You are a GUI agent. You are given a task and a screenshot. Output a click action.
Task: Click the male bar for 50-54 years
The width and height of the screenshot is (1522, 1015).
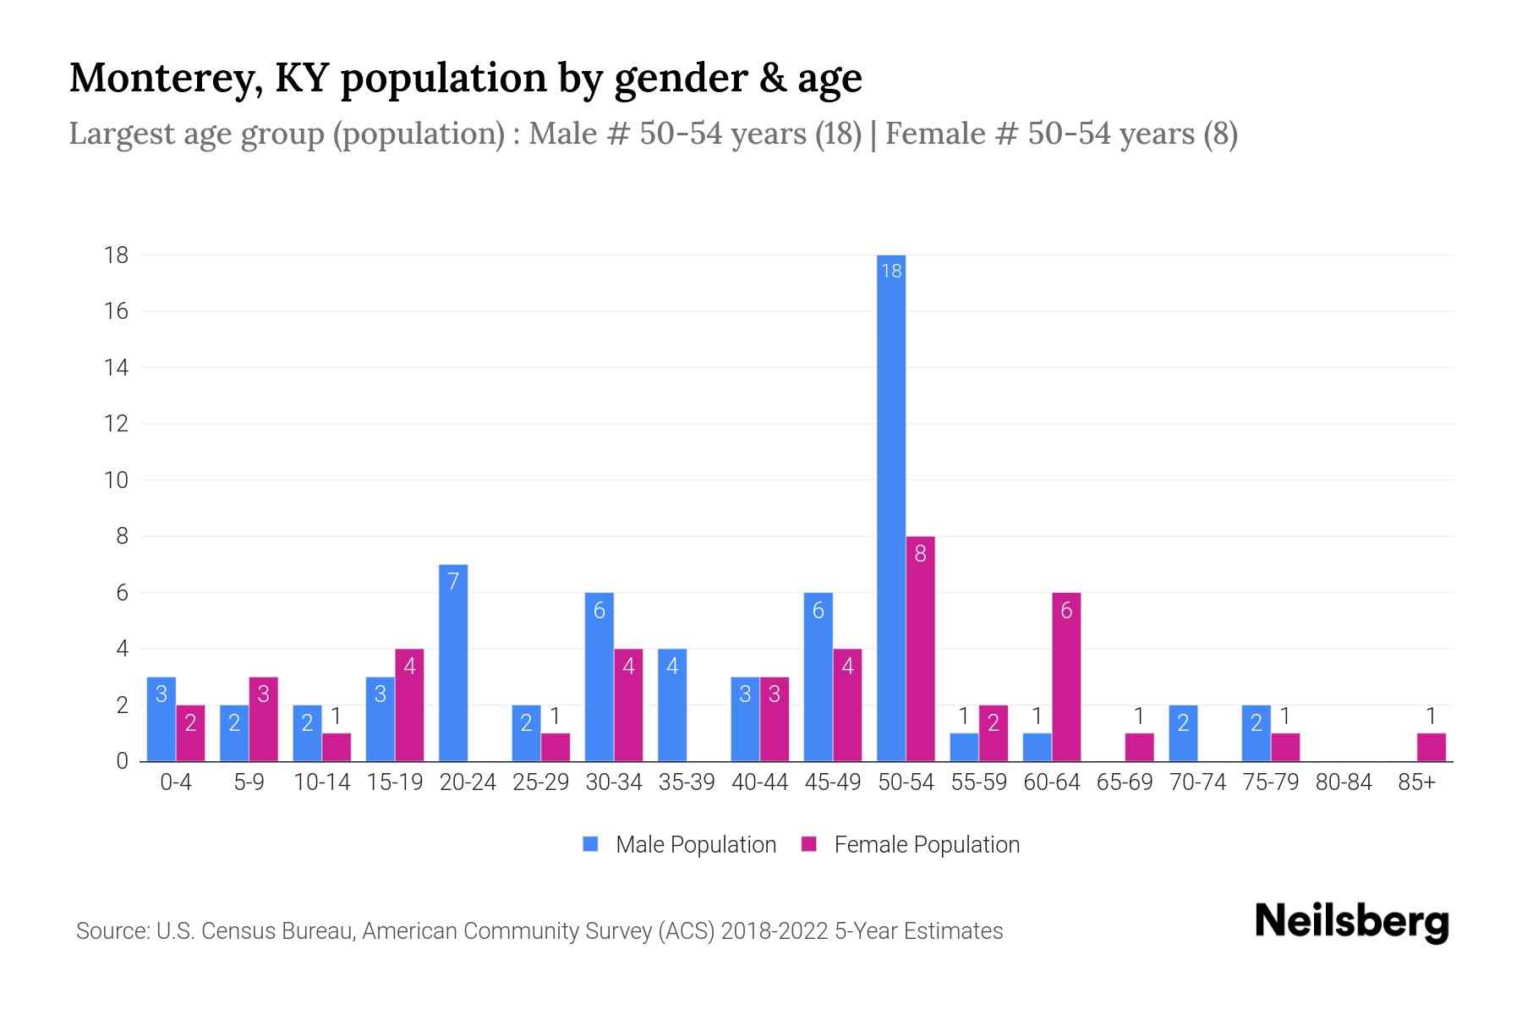pyautogui.click(x=890, y=507)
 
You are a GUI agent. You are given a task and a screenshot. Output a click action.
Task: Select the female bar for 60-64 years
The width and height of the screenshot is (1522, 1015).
pyautogui.click(x=1066, y=677)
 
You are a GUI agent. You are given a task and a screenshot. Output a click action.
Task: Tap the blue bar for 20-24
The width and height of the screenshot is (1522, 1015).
pyautogui.click(x=453, y=663)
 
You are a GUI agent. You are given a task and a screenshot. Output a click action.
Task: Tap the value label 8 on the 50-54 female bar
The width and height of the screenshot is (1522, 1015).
pyautogui.click(x=920, y=553)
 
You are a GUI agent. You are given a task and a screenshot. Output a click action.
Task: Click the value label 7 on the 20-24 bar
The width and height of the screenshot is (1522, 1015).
pyautogui.click(x=453, y=581)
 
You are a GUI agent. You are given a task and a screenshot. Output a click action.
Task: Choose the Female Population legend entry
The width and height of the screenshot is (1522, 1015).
pyautogui.click(x=911, y=844)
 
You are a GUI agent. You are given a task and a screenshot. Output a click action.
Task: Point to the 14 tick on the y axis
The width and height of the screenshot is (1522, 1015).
pyautogui.click(x=117, y=367)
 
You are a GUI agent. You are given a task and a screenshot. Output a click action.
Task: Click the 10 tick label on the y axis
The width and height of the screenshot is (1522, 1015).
pyautogui.click(x=116, y=480)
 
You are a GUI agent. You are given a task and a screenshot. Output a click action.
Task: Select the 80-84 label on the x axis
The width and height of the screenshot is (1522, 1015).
pyautogui.click(x=1344, y=782)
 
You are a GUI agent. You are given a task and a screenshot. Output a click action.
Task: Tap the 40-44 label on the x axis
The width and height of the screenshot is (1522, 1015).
pyautogui.click(x=759, y=782)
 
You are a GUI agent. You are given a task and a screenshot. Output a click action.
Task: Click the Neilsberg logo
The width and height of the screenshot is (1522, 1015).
pyautogui.click(x=1351, y=922)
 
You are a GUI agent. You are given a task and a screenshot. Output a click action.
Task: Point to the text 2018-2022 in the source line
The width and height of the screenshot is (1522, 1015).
pyautogui.click(x=774, y=931)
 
